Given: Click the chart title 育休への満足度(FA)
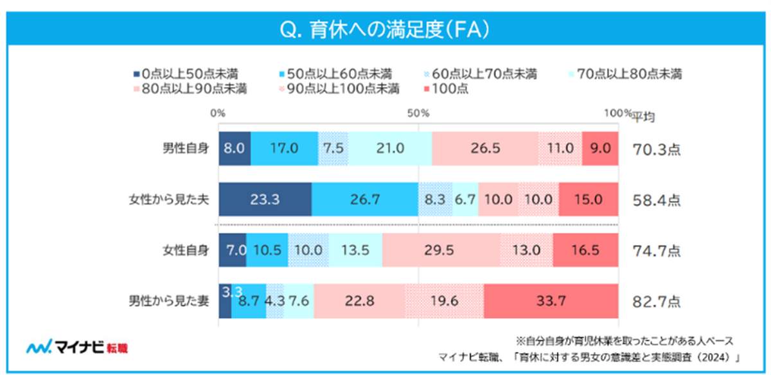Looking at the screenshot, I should click(x=385, y=30).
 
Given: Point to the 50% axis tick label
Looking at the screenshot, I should click(x=418, y=113).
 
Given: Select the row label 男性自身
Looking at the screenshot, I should click(x=185, y=148).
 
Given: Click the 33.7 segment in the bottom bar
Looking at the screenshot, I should click(x=551, y=301).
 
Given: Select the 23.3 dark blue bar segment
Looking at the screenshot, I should click(x=265, y=199).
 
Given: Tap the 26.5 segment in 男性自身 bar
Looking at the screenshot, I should click(x=485, y=148).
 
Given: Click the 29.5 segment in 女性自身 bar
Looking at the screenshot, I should click(x=441, y=250).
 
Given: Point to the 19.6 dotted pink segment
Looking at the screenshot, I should click(x=444, y=301).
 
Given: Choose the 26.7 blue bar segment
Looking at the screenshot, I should click(x=364, y=199).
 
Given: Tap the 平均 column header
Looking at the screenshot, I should click(x=644, y=116).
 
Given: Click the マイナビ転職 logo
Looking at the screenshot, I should click(x=77, y=348).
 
